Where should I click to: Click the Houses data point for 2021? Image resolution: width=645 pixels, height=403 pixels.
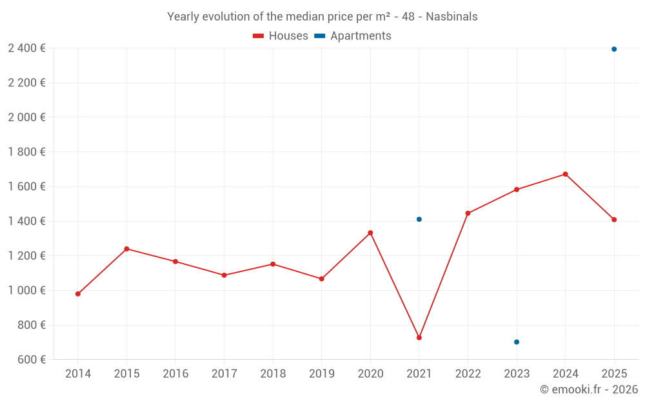click(419, 338)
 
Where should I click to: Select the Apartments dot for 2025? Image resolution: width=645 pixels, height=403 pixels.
click(614, 49)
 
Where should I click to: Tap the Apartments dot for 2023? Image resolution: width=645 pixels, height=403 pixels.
click(517, 342)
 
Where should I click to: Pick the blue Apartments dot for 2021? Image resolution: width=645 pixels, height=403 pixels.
click(419, 219)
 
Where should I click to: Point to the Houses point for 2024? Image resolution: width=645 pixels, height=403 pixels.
click(565, 174)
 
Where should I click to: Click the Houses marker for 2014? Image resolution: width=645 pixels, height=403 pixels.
click(78, 294)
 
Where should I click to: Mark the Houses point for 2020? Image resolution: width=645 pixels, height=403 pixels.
click(370, 233)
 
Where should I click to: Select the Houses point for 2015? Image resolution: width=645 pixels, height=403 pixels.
click(126, 249)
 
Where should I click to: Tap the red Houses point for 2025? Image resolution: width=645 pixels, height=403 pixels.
click(614, 220)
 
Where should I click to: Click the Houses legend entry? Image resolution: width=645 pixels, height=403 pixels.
click(281, 36)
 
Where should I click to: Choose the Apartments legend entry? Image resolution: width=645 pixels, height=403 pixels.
click(353, 36)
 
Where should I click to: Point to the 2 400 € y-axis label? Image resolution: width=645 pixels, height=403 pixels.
click(26, 48)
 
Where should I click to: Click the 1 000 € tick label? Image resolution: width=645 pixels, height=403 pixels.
click(26, 291)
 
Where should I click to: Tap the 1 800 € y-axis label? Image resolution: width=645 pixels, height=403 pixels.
click(26, 152)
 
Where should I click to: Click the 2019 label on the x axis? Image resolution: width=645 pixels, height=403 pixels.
click(322, 374)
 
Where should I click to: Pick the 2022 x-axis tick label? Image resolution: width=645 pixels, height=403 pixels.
click(468, 374)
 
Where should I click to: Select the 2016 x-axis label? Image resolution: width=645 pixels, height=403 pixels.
click(175, 374)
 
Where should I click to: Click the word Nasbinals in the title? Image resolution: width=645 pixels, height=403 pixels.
click(451, 17)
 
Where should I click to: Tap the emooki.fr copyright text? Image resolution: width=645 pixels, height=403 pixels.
click(589, 389)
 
